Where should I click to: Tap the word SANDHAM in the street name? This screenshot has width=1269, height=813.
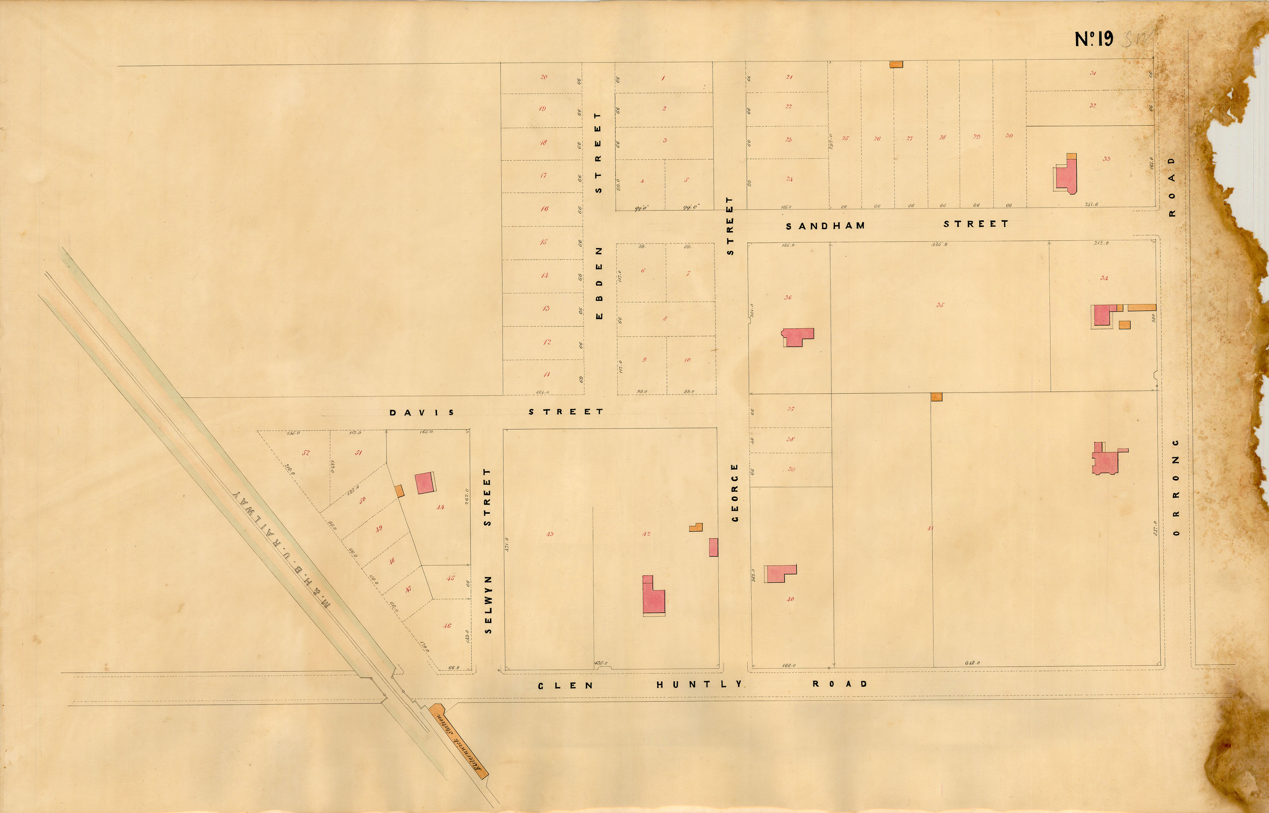[x=825, y=226]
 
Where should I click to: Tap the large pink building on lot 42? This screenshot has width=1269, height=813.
[x=653, y=598]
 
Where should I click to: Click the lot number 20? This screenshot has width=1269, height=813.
[x=544, y=77]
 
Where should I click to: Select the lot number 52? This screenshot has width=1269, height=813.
[x=305, y=452]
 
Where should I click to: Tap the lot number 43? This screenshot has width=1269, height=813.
[x=549, y=534]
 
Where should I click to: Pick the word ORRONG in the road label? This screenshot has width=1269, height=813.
[x=1175, y=487]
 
